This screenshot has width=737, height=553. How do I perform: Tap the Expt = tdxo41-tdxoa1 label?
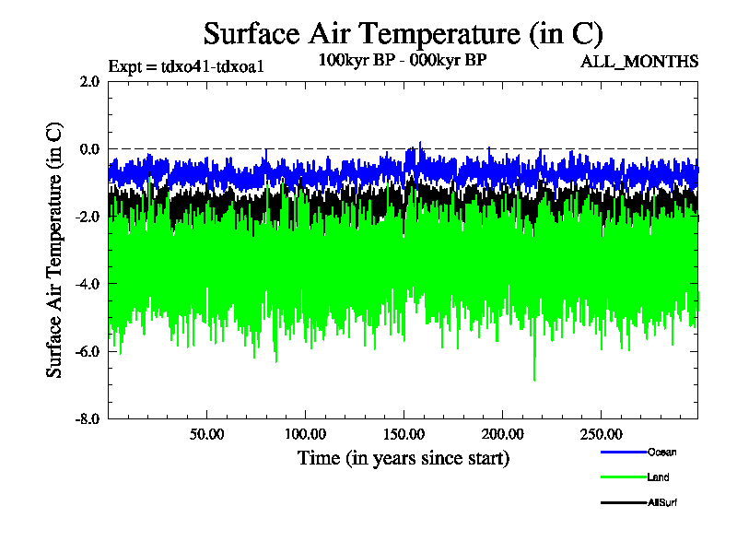pos(187,66)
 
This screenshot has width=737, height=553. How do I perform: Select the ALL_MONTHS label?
pos(639,62)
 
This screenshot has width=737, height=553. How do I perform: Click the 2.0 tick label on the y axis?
pos(89,81)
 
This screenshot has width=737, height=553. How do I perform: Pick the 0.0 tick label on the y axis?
pos(89,148)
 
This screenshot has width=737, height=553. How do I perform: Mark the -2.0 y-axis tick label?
pos(88,216)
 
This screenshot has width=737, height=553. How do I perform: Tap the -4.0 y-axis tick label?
pos(88,283)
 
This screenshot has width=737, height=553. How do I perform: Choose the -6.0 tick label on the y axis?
pos(88,351)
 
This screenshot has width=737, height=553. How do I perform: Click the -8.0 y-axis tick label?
pos(88,418)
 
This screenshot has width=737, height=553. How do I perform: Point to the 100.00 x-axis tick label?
pos(305,434)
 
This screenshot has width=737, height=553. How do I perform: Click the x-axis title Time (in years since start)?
pos(403,458)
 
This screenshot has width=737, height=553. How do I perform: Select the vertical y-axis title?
pos(55,250)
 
